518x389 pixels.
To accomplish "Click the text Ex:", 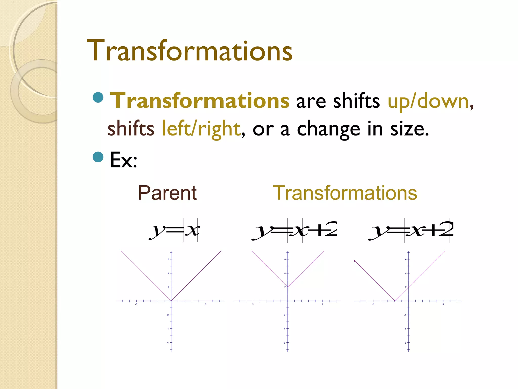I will pyautogui.click(x=123, y=160).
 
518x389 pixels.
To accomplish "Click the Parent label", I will pyautogui.click(x=167, y=193).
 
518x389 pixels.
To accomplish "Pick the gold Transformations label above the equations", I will pyautogui.click(x=345, y=193).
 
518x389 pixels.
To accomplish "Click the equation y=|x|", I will pyautogui.click(x=175, y=230).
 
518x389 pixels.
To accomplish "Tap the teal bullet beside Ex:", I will pyautogui.click(x=98, y=157).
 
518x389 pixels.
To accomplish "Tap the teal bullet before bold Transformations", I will pyautogui.click(x=98, y=98).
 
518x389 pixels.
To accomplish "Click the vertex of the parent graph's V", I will pyautogui.click(x=171, y=301).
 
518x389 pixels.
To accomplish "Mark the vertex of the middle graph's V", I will pyautogui.click(x=288, y=287).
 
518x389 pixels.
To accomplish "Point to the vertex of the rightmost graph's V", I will pyautogui.click(x=395, y=301).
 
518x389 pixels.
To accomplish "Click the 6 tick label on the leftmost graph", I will pyautogui.click(x=168, y=260).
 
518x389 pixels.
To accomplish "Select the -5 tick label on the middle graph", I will pyautogui.click(x=252, y=304).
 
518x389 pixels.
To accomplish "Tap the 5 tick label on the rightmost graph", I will pyautogui.click(x=443, y=304).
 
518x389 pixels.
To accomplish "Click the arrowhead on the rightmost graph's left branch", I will pyautogui.click(x=355, y=261).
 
